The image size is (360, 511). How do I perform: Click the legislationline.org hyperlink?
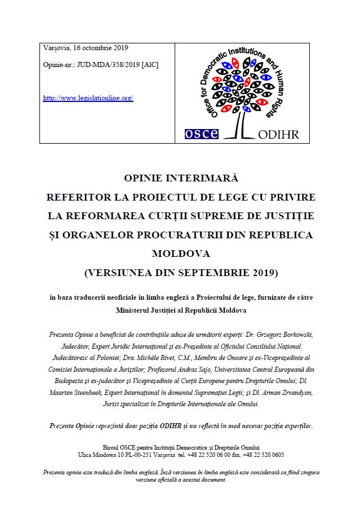click(x=88, y=98)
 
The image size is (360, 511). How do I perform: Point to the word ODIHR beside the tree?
click(x=278, y=134)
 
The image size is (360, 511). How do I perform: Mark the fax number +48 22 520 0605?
click(x=263, y=455)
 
